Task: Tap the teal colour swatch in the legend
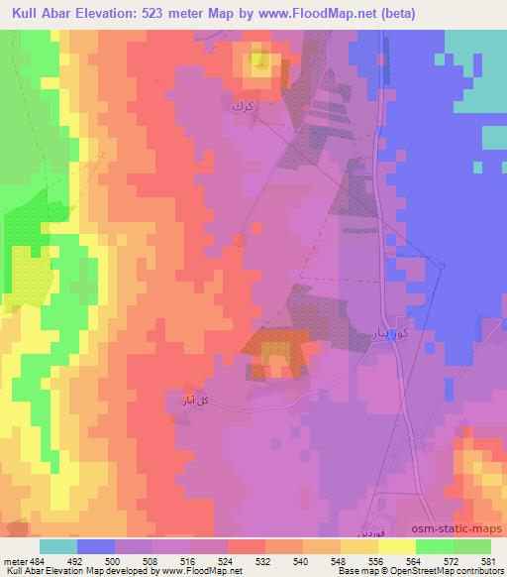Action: pyautogui.click(x=58, y=545)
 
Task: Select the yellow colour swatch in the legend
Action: pyautogui.click(x=396, y=545)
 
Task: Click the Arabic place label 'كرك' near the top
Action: pyautogui.click(x=242, y=104)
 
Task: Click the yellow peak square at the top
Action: pyautogui.click(x=259, y=64)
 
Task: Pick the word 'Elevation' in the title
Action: pyautogui.click(x=108, y=13)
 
